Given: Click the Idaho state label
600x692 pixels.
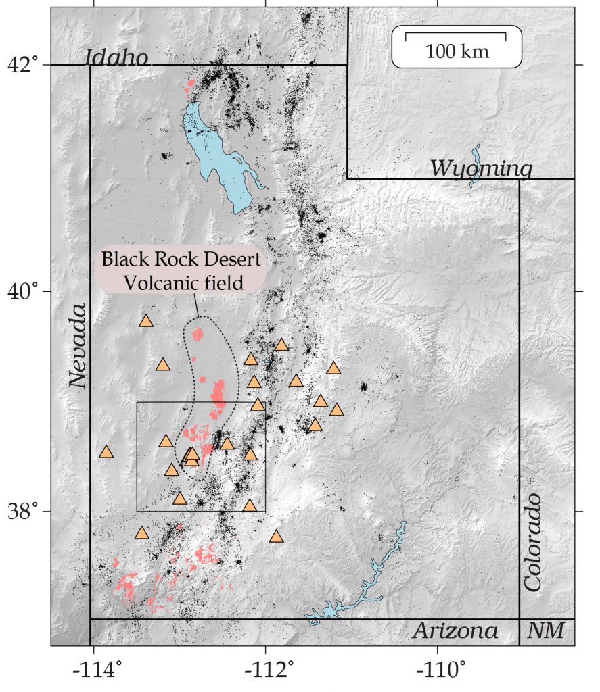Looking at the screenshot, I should pyautogui.click(x=118, y=57).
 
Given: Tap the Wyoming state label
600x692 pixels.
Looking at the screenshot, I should pyautogui.click(x=482, y=168).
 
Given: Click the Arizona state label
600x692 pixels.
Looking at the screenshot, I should pyautogui.click(x=455, y=631).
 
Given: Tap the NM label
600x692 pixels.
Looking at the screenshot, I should pyautogui.click(x=545, y=631).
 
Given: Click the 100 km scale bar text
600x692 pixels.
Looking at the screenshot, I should pyautogui.click(x=457, y=51).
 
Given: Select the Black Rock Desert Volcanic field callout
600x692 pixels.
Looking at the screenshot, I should pyautogui.click(x=181, y=271).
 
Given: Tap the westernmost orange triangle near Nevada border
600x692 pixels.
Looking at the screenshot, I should pyautogui.click(x=106, y=451).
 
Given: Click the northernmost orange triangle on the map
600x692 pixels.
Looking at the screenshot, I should pyautogui.click(x=146, y=321).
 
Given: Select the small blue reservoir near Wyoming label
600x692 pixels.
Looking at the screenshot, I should pyautogui.click(x=475, y=166).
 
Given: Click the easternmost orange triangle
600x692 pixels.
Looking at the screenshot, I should pyautogui.click(x=337, y=410).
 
